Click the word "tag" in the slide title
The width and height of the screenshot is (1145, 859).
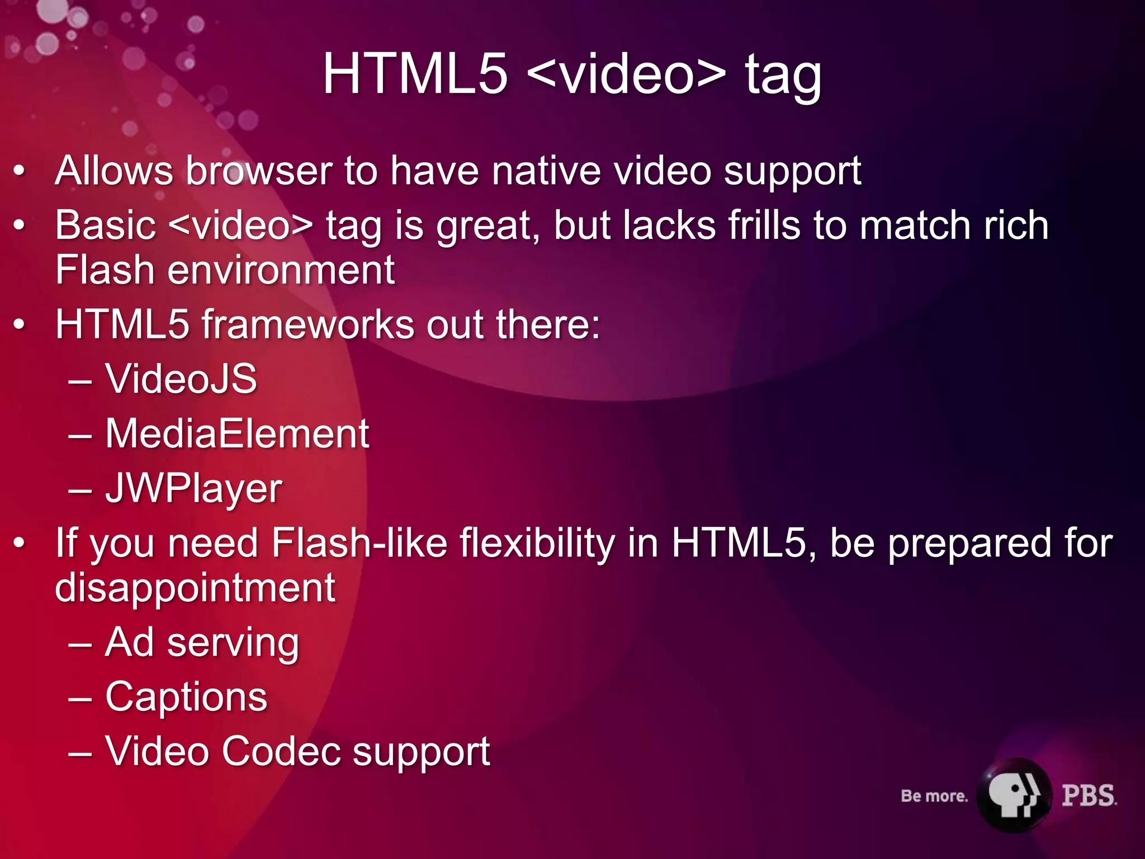[x=783, y=75]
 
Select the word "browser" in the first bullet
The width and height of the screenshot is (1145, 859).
[x=259, y=171]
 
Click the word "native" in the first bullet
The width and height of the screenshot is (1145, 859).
[x=546, y=171]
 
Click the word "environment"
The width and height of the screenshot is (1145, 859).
[x=281, y=270]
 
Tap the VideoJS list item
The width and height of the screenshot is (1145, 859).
[x=181, y=379]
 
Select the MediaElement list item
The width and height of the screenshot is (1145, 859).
[x=237, y=433]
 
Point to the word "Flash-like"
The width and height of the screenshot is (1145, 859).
[x=359, y=544]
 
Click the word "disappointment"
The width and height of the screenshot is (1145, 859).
[x=195, y=588]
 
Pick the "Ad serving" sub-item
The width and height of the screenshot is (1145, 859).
[x=202, y=643]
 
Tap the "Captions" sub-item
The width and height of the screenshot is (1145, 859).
[x=186, y=697]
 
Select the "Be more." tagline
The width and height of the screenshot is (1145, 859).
[x=934, y=796]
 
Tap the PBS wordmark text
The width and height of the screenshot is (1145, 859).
[x=1089, y=796]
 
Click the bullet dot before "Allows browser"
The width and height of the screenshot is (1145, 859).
[x=20, y=171]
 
